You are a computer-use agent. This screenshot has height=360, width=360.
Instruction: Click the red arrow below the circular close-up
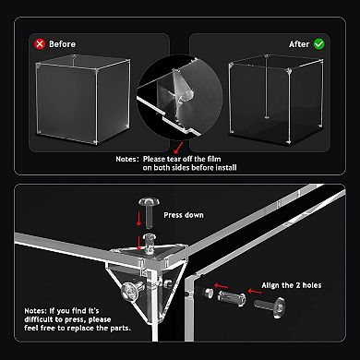pyautogui.click(x=177, y=146)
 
